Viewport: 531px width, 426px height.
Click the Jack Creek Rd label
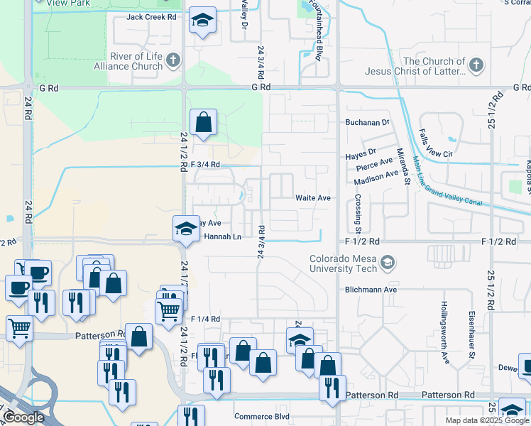point(151,17)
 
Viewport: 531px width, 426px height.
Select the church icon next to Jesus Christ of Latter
point(476,66)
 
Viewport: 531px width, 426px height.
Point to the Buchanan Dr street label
point(368,122)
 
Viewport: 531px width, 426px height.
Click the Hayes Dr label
point(361,153)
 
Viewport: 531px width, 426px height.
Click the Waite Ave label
point(313,198)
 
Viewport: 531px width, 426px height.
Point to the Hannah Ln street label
point(222,236)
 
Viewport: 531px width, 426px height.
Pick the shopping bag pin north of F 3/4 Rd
point(204,121)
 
